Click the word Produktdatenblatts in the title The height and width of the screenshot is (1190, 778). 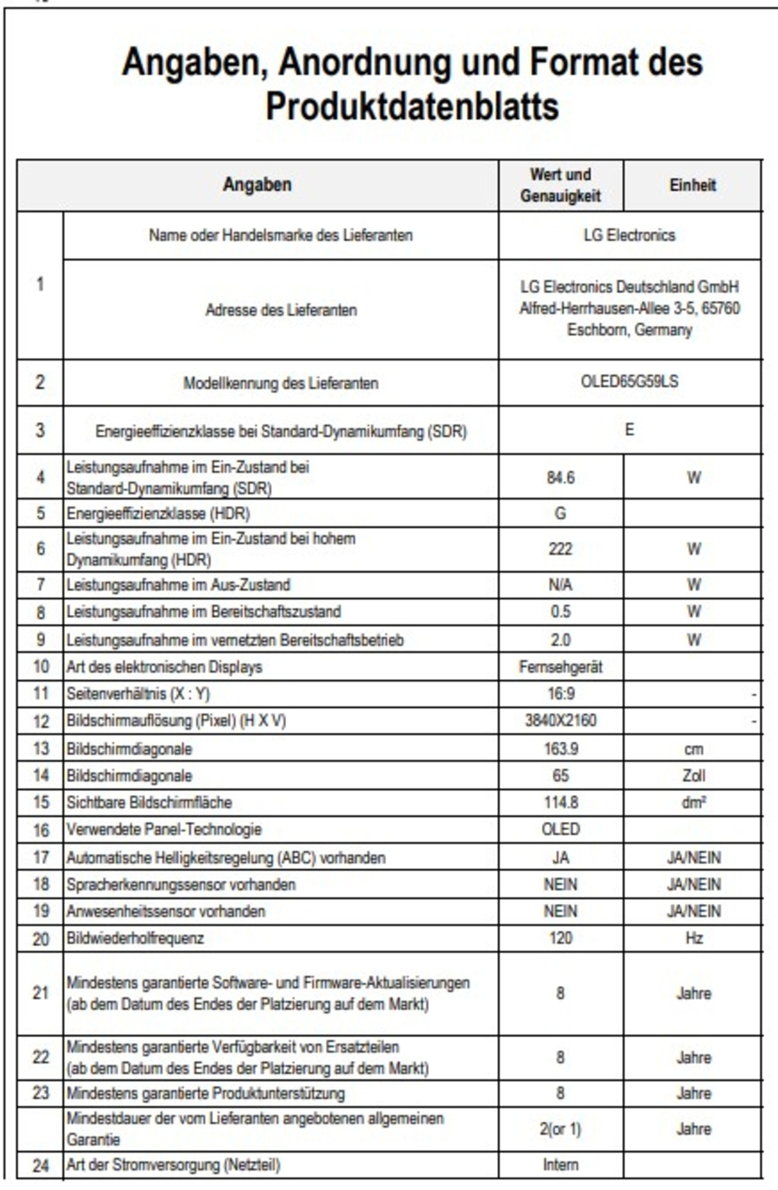pos(411,107)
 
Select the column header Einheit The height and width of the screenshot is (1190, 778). pos(692,185)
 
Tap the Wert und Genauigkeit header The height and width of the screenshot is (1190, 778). pos(560,185)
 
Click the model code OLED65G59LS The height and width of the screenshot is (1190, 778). pos(629,382)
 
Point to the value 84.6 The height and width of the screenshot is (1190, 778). pos(560,477)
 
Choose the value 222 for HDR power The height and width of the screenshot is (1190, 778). pos(560,549)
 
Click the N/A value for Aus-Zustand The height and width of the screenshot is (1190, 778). pos(560,585)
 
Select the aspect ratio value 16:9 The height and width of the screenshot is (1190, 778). pos(560,693)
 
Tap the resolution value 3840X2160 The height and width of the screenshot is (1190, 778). pos(560,720)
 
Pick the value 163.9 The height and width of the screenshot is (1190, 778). pos(560,748)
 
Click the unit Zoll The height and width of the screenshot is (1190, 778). pos(693,775)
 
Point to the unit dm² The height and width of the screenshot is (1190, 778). pos(693,802)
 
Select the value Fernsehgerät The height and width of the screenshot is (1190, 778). pos(560,666)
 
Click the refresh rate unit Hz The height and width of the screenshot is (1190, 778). pos(693,938)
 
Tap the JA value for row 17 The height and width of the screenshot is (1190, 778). pos(560,857)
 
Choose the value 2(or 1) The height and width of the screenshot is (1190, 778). pos(560,1129)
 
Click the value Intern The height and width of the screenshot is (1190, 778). pos(560,1165)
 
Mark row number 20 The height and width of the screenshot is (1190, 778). pos(41,939)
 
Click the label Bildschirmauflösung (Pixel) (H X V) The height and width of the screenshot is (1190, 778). pos(176,721)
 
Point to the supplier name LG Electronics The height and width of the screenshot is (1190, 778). pos(629,235)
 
